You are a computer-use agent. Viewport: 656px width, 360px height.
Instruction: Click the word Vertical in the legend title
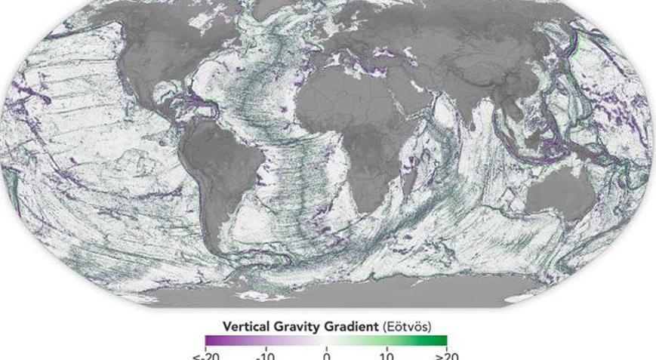pyautogui.click(x=245, y=326)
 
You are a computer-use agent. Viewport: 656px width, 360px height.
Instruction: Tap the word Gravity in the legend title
pyautogui.click(x=297, y=326)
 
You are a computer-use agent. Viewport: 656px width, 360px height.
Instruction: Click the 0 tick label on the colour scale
pyautogui.click(x=326, y=355)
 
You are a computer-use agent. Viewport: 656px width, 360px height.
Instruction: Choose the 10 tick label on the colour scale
pyautogui.click(x=386, y=355)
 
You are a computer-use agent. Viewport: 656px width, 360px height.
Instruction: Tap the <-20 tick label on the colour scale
pyautogui.click(x=205, y=355)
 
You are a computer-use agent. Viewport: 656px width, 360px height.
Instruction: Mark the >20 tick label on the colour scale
pyautogui.click(x=446, y=355)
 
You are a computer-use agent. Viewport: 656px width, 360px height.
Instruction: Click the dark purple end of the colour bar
pyautogui.click(x=209, y=340)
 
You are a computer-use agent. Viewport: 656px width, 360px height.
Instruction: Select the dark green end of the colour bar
pyautogui.click(x=443, y=340)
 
